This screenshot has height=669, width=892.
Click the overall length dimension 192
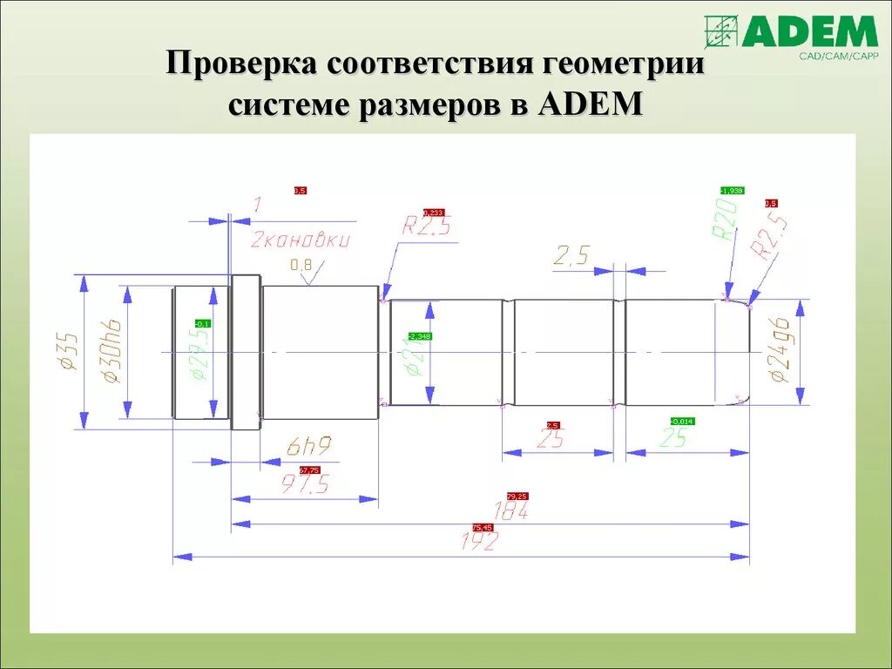(479, 542)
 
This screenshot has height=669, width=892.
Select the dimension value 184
(511, 511)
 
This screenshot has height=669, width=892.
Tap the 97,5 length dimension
(305, 484)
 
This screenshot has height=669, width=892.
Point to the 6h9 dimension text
(308, 448)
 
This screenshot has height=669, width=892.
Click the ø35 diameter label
(69, 350)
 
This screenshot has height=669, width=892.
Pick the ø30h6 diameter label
(111, 351)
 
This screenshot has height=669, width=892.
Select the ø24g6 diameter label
(779, 351)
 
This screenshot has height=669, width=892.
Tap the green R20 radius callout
(725, 219)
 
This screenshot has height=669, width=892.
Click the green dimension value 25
(673, 438)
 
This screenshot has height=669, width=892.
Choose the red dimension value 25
(550, 439)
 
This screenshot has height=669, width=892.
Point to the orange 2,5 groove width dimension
(571, 255)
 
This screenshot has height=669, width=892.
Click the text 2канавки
(301, 240)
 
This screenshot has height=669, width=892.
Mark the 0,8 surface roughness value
(301, 264)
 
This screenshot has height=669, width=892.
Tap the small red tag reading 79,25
(517, 496)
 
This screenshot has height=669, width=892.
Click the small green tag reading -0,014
(682, 422)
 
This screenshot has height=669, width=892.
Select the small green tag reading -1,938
(732, 190)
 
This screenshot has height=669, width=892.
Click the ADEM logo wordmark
(809, 32)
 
